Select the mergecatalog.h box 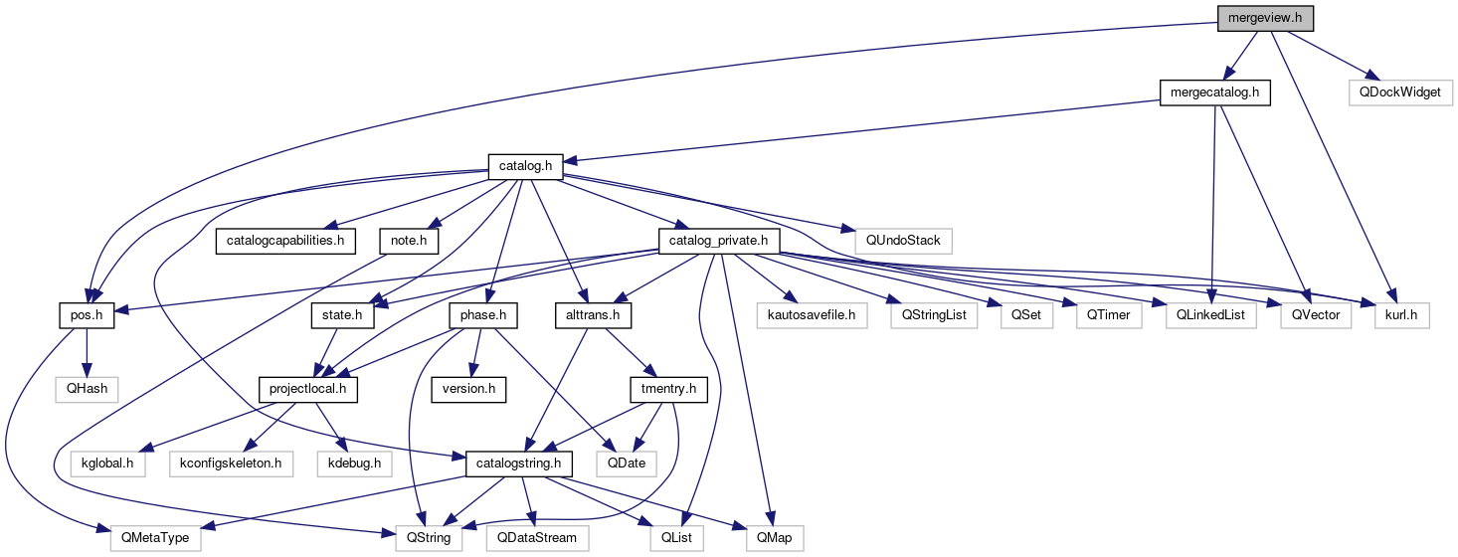[x=1215, y=93]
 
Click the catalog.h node [x=525, y=166]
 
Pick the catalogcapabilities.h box [x=285, y=241]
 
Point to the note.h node [x=409, y=241]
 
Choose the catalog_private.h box [x=718, y=241]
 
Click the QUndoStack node [x=902, y=241]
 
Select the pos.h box [x=87, y=315]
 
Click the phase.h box [x=483, y=315]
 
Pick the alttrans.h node [x=592, y=315]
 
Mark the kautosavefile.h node [x=811, y=315]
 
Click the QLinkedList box [x=1210, y=315]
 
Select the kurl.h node [x=1401, y=315]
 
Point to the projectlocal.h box [x=307, y=389]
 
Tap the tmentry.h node [x=668, y=389]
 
